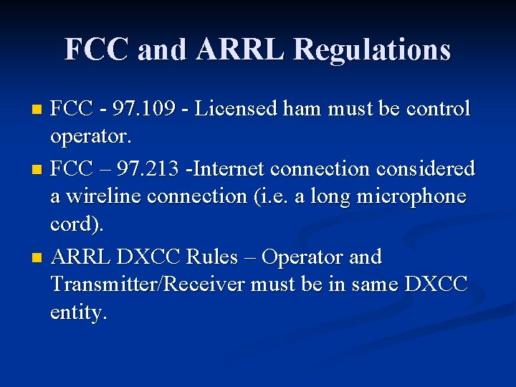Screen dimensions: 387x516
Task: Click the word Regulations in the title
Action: [372, 49]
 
